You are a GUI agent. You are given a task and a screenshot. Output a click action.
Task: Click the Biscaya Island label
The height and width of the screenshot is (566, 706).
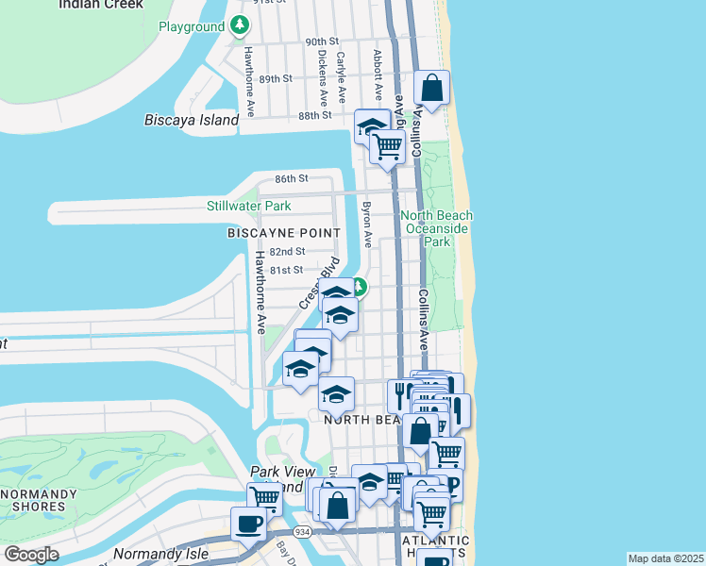192,121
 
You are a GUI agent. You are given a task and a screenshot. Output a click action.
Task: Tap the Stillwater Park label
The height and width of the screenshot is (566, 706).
249,206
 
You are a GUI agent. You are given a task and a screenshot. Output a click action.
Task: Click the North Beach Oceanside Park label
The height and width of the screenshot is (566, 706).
437,228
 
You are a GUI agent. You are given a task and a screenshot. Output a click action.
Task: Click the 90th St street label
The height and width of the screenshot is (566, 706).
322,42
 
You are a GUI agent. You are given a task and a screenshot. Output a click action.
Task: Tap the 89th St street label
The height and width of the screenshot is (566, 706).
277,78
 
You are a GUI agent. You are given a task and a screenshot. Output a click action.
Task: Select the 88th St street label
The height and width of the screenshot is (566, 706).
315,115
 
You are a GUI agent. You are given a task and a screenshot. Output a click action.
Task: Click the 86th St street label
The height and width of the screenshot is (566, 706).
292,178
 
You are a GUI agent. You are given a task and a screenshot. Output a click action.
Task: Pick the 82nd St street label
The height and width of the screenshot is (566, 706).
287,252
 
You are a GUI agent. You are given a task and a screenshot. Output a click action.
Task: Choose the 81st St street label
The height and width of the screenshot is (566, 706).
286,271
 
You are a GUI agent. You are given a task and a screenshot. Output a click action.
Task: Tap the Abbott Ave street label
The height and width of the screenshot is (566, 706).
378,75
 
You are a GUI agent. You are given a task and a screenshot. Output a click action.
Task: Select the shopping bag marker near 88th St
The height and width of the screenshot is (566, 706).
431,89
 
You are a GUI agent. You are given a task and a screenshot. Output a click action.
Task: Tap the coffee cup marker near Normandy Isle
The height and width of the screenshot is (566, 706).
250,524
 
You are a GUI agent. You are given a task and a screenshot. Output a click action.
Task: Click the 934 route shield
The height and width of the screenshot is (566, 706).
302,533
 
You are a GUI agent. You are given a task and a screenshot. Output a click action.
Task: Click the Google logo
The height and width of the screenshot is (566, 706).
31,555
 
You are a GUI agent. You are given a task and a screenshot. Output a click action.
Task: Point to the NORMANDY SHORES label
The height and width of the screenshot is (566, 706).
39,500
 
